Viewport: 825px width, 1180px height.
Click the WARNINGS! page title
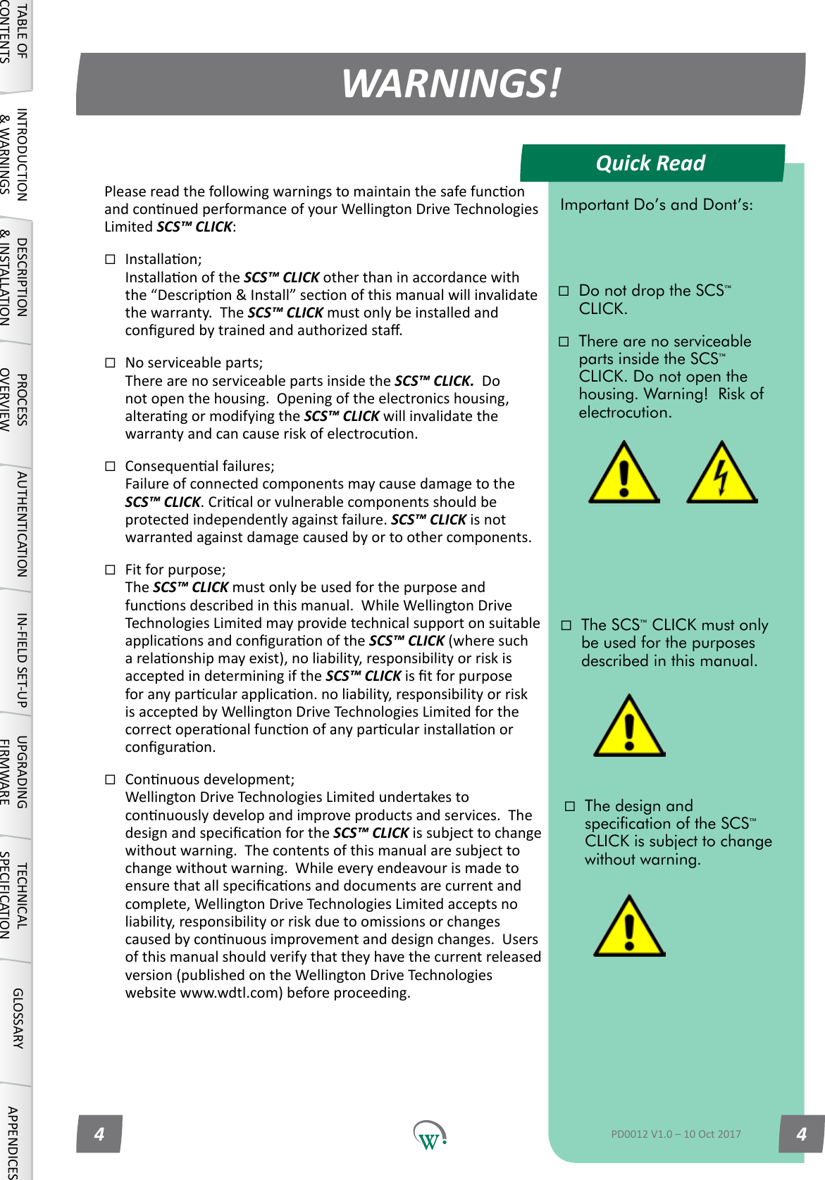coord(451,84)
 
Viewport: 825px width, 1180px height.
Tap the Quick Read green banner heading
coord(650,163)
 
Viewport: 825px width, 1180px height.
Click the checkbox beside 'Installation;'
coord(110,259)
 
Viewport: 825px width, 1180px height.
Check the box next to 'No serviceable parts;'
coord(110,363)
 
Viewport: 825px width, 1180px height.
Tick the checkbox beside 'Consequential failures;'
coord(110,466)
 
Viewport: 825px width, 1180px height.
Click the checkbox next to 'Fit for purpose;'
coord(110,570)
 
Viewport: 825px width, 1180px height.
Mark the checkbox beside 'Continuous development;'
coord(110,779)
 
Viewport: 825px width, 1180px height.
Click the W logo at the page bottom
coord(429,1135)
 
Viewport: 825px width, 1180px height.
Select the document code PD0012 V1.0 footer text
coord(676,1134)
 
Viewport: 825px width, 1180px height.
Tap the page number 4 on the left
coord(99,1134)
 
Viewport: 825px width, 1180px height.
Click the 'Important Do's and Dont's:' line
coord(656,205)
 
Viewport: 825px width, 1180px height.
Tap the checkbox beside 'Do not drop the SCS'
coord(564,291)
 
